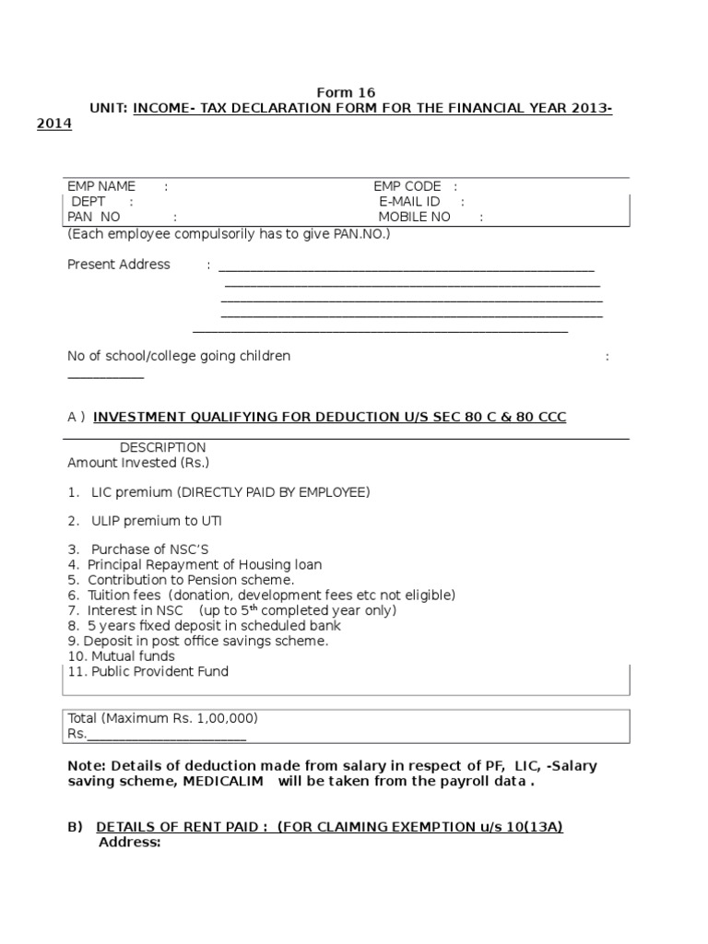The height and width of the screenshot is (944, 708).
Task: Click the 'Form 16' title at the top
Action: tap(346, 93)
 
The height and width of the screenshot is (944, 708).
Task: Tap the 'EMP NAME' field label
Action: tap(101, 186)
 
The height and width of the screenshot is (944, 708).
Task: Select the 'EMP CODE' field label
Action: tap(407, 186)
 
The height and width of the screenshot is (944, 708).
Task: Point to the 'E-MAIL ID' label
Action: tap(409, 202)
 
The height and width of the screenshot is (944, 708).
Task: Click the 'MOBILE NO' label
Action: tap(414, 218)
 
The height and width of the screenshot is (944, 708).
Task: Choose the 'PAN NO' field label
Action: tap(94, 218)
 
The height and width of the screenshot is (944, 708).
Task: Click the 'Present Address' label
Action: tap(119, 265)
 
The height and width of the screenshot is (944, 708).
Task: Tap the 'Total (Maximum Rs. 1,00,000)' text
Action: tap(163, 717)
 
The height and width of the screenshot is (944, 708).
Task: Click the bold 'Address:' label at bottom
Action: tap(129, 843)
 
